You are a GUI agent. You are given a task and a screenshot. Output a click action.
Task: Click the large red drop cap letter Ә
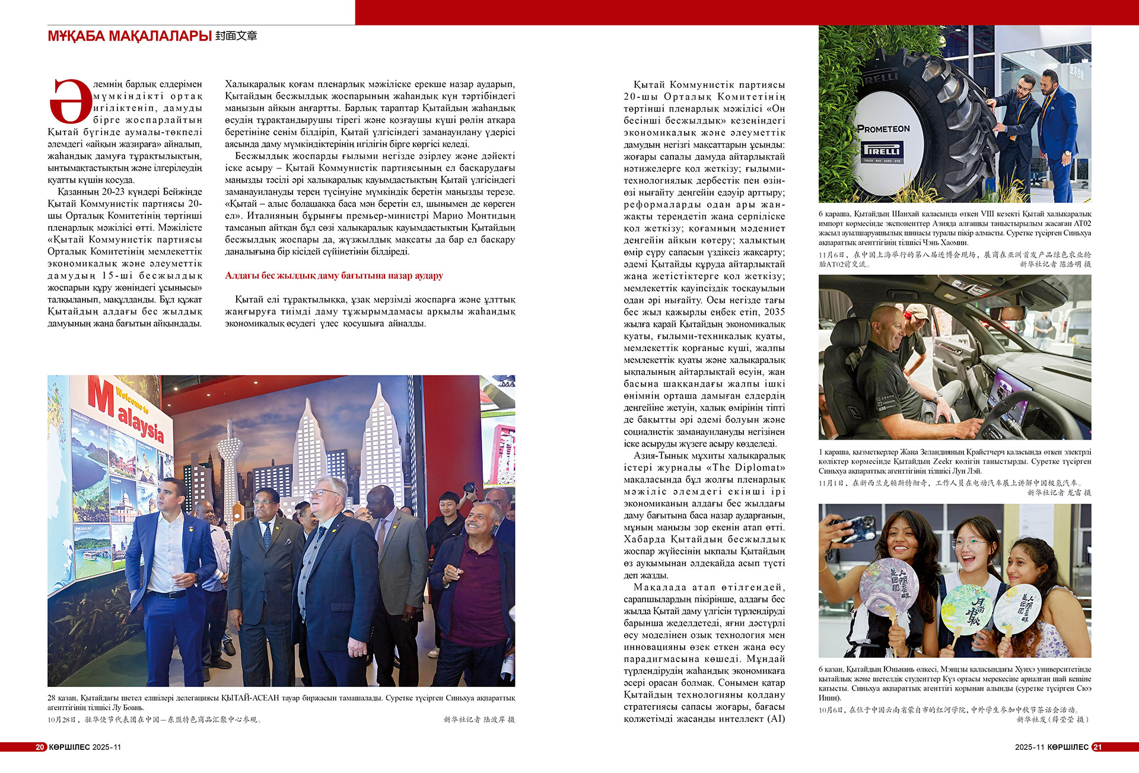point(69,101)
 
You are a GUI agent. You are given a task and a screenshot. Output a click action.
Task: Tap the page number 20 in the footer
point(40,747)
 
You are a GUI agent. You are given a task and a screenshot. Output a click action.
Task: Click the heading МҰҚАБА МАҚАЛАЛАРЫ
point(129,36)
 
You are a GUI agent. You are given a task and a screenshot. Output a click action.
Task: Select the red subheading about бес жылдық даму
point(334,276)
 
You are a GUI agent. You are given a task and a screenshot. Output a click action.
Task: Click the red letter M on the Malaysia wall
point(101,397)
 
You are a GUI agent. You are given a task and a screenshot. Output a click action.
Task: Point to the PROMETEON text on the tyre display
point(883,129)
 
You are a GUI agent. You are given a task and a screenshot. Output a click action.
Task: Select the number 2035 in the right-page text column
point(774,312)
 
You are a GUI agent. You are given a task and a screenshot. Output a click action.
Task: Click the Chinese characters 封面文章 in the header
point(236,36)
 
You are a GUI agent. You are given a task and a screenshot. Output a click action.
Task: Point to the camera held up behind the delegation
point(470,488)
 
